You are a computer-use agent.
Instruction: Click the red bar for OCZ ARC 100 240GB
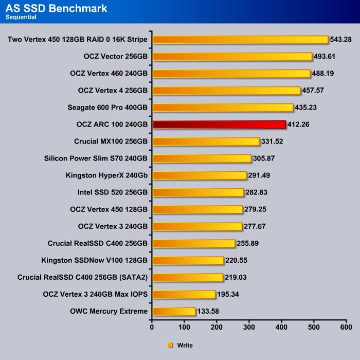(x=219, y=124)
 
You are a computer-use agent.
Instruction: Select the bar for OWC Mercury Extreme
(x=174, y=311)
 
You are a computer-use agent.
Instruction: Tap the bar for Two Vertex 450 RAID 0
(x=240, y=40)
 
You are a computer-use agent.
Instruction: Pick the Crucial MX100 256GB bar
(x=206, y=141)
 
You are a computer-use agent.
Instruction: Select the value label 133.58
(x=209, y=311)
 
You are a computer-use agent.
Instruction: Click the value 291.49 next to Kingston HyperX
(x=260, y=175)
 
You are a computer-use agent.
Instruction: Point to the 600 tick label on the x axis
(x=346, y=327)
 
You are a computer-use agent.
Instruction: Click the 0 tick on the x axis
(x=152, y=327)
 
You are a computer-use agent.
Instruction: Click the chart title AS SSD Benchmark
(x=56, y=8)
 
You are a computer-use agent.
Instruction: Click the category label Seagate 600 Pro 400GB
(x=107, y=107)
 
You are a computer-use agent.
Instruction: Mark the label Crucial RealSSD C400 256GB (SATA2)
(x=82, y=277)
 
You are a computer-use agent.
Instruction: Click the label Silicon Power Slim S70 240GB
(x=96, y=158)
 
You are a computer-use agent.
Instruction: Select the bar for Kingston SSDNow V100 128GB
(x=188, y=260)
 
